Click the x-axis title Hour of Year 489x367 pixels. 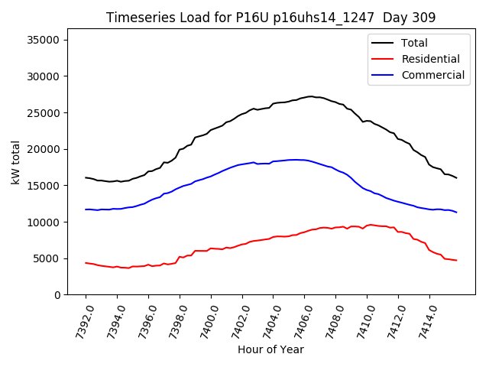[270, 349]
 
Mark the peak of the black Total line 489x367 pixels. [311, 96]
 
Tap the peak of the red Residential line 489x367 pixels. [371, 225]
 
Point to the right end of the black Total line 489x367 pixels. [457, 178]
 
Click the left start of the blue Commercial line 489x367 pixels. [86, 209]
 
